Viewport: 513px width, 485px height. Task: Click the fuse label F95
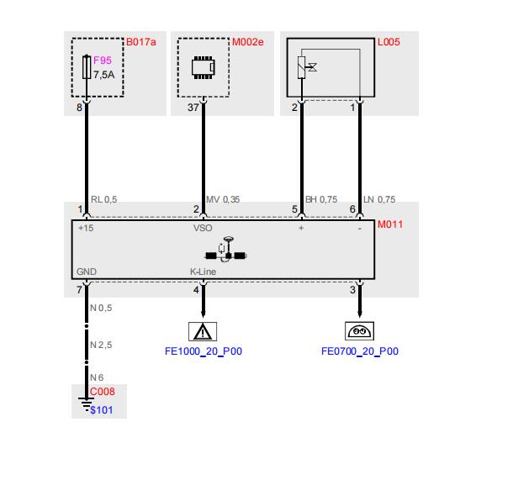point(103,61)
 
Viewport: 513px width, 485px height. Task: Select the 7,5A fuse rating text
point(104,75)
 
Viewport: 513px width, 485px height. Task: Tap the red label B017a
point(141,42)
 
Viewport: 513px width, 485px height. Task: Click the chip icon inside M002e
point(204,68)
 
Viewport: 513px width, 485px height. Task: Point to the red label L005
point(389,42)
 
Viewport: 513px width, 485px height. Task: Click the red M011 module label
point(390,224)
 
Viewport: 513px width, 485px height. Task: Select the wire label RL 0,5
point(104,199)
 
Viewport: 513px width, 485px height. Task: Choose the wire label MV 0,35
point(223,199)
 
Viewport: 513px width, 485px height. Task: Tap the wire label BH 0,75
point(321,199)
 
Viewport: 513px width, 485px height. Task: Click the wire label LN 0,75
point(379,199)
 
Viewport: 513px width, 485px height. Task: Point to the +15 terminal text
point(86,228)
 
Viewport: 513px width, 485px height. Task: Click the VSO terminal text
point(203,228)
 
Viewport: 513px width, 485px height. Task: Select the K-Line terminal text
point(204,271)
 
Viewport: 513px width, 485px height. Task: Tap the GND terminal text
point(87,271)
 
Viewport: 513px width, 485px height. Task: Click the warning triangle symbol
point(203,332)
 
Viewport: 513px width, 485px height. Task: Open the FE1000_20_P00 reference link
point(204,351)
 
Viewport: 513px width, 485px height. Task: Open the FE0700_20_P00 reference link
point(360,351)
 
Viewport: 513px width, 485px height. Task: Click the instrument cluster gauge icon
point(360,331)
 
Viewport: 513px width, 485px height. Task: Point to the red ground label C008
point(103,392)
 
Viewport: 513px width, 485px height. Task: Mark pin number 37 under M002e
point(193,108)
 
